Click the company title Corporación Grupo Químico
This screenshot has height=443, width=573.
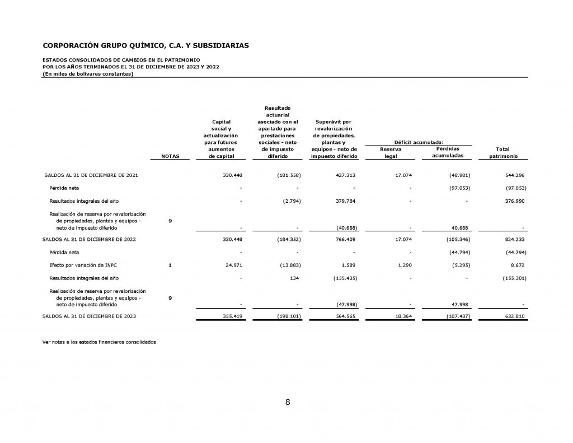pyautogui.click(x=146, y=45)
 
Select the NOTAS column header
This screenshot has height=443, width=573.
pyautogui.click(x=170, y=156)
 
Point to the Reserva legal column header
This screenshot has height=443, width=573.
pyautogui.click(x=390, y=153)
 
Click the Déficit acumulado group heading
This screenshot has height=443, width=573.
pyautogui.click(x=418, y=142)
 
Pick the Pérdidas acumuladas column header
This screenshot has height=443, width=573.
pyautogui.click(x=447, y=152)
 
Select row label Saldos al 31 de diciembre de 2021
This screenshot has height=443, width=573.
pyautogui.click(x=91, y=175)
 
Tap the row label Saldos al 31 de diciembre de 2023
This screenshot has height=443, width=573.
pyautogui.click(x=90, y=316)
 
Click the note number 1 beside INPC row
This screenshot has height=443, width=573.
pyautogui.click(x=170, y=265)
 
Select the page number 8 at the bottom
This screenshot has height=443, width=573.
pyautogui.click(x=287, y=402)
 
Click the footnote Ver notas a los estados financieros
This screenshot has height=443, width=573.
pyautogui.click(x=99, y=342)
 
